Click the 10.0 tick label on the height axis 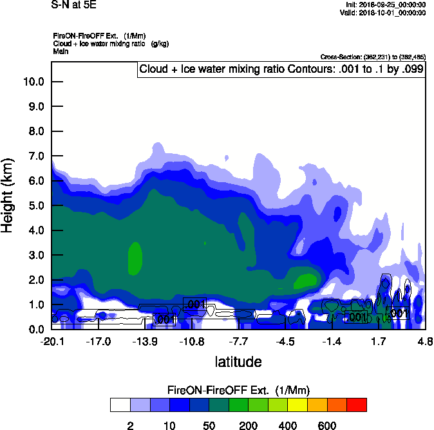click(x=32, y=82)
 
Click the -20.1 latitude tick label click(x=52, y=341)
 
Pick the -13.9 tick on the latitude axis click(x=146, y=341)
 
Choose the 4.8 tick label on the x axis click(x=424, y=341)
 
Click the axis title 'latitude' click(x=238, y=362)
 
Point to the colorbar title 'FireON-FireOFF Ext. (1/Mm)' click(x=238, y=390)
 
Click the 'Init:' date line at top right click(x=385, y=5)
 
